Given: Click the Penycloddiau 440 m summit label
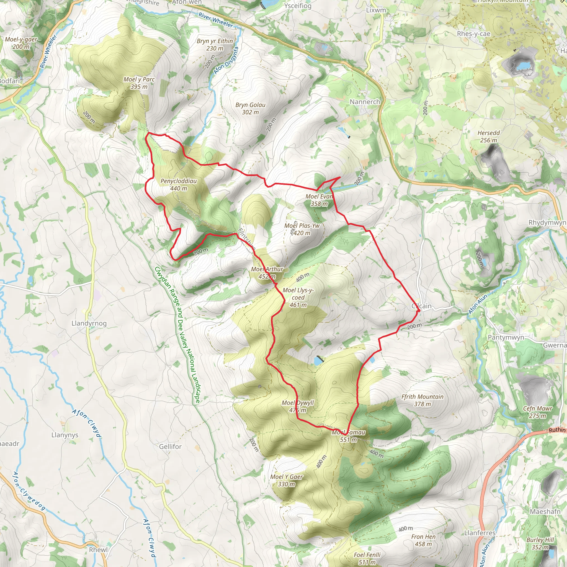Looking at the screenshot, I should (179, 185).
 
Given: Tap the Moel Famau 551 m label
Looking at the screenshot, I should (348, 436).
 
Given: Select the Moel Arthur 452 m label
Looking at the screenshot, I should (267, 273).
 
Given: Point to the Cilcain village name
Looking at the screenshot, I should (421, 306).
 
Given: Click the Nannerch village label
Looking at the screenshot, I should (365, 102).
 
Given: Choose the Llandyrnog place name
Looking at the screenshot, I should (89, 323).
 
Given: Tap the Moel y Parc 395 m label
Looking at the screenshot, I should (139, 83).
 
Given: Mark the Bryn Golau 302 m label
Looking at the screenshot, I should (250, 108).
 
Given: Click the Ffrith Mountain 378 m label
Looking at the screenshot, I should (422, 400).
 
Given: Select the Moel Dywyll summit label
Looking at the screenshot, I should (298, 406).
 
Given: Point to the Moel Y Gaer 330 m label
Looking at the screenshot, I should (287, 480).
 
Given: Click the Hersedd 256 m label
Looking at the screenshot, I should (488, 136).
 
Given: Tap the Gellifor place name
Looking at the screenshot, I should (170, 446).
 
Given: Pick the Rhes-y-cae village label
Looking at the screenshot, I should (473, 34).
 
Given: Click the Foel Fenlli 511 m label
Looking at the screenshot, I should (367, 558).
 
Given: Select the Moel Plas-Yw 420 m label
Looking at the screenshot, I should (302, 229).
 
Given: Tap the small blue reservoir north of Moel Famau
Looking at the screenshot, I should (318, 361).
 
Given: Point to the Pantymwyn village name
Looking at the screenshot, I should (506, 337).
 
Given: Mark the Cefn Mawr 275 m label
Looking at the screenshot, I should (537, 412).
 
